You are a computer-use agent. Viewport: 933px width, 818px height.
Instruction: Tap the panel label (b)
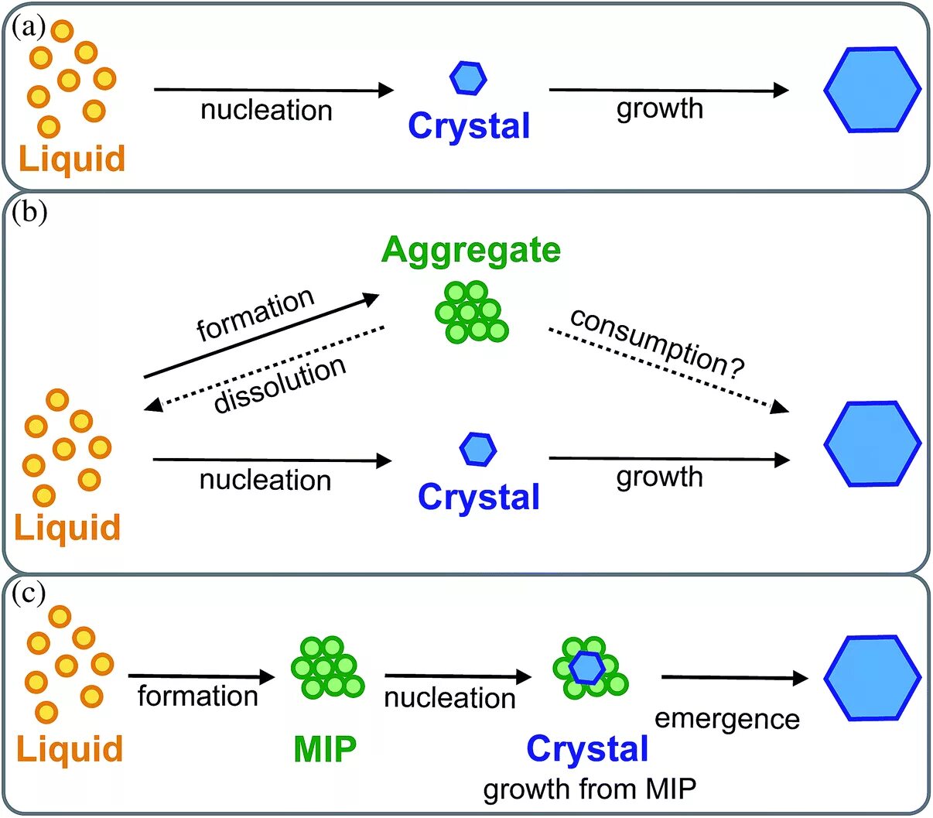click(29, 212)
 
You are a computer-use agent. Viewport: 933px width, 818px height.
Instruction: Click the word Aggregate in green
click(470, 250)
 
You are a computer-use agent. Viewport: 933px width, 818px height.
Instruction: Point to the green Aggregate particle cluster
click(470, 312)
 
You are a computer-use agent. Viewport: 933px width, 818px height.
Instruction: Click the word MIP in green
click(325, 749)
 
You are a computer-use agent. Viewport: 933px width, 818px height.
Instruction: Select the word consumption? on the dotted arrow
click(657, 342)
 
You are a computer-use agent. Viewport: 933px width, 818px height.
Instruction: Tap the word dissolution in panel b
click(279, 385)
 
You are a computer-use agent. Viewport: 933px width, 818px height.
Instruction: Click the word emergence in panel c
click(726, 719)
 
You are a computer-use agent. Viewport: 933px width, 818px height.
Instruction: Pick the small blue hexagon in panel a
click(468, 77)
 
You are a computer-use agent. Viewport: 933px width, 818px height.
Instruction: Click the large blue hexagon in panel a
click(872, 90)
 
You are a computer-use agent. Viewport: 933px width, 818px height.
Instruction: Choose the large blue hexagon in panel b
click(872, 444)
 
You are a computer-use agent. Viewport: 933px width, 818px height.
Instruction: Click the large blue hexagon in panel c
click(872, 679)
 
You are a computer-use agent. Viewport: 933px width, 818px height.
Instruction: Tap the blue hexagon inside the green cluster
click(587, 667)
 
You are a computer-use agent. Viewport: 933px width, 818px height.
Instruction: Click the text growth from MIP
click(590, 789)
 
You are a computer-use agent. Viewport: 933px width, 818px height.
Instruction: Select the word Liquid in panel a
click(71, 159)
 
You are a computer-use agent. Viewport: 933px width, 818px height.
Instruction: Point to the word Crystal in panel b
click(478, 497)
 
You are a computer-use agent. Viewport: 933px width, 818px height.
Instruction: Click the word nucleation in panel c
click(449, 698)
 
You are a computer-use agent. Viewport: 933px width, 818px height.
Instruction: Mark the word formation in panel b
click(255, 314)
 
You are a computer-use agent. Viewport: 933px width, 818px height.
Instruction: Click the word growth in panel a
click(659, 108)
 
